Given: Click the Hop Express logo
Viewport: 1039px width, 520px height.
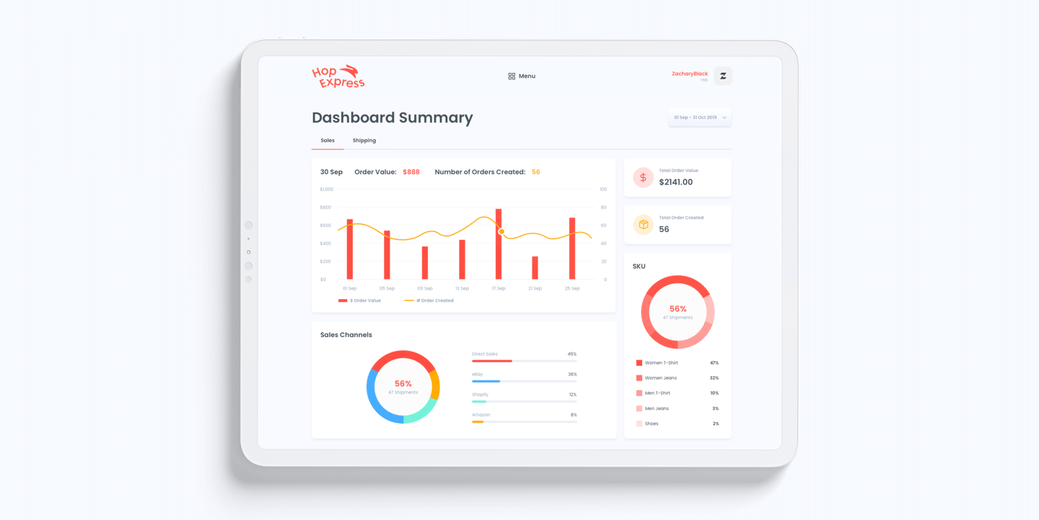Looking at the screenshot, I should [338, 77].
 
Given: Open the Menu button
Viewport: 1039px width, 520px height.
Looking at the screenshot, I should [522, 76].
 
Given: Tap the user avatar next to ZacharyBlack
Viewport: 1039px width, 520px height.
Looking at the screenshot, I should [722, 76].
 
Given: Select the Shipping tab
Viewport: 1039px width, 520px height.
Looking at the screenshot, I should [364, 140].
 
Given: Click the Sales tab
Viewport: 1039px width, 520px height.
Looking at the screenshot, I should [328, 140].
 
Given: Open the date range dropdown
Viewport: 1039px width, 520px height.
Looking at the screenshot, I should [699, 117].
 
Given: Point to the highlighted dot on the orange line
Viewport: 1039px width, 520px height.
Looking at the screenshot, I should [501, 231].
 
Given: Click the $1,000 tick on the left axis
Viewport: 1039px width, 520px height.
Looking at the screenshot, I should [326, 189].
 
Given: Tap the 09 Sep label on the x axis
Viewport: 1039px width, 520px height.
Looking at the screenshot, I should [425, 288].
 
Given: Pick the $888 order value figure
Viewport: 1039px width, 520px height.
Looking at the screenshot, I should [411, 172].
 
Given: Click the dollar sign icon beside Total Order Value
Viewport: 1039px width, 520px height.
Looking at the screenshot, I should [643, 178].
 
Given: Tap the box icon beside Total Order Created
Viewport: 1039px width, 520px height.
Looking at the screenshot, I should [643, 225].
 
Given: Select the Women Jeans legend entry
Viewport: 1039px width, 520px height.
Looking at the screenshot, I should [660, 378].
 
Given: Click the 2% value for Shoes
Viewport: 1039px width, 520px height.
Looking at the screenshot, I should [715, 424].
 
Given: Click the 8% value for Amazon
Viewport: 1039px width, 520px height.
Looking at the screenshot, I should [574, 415].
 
